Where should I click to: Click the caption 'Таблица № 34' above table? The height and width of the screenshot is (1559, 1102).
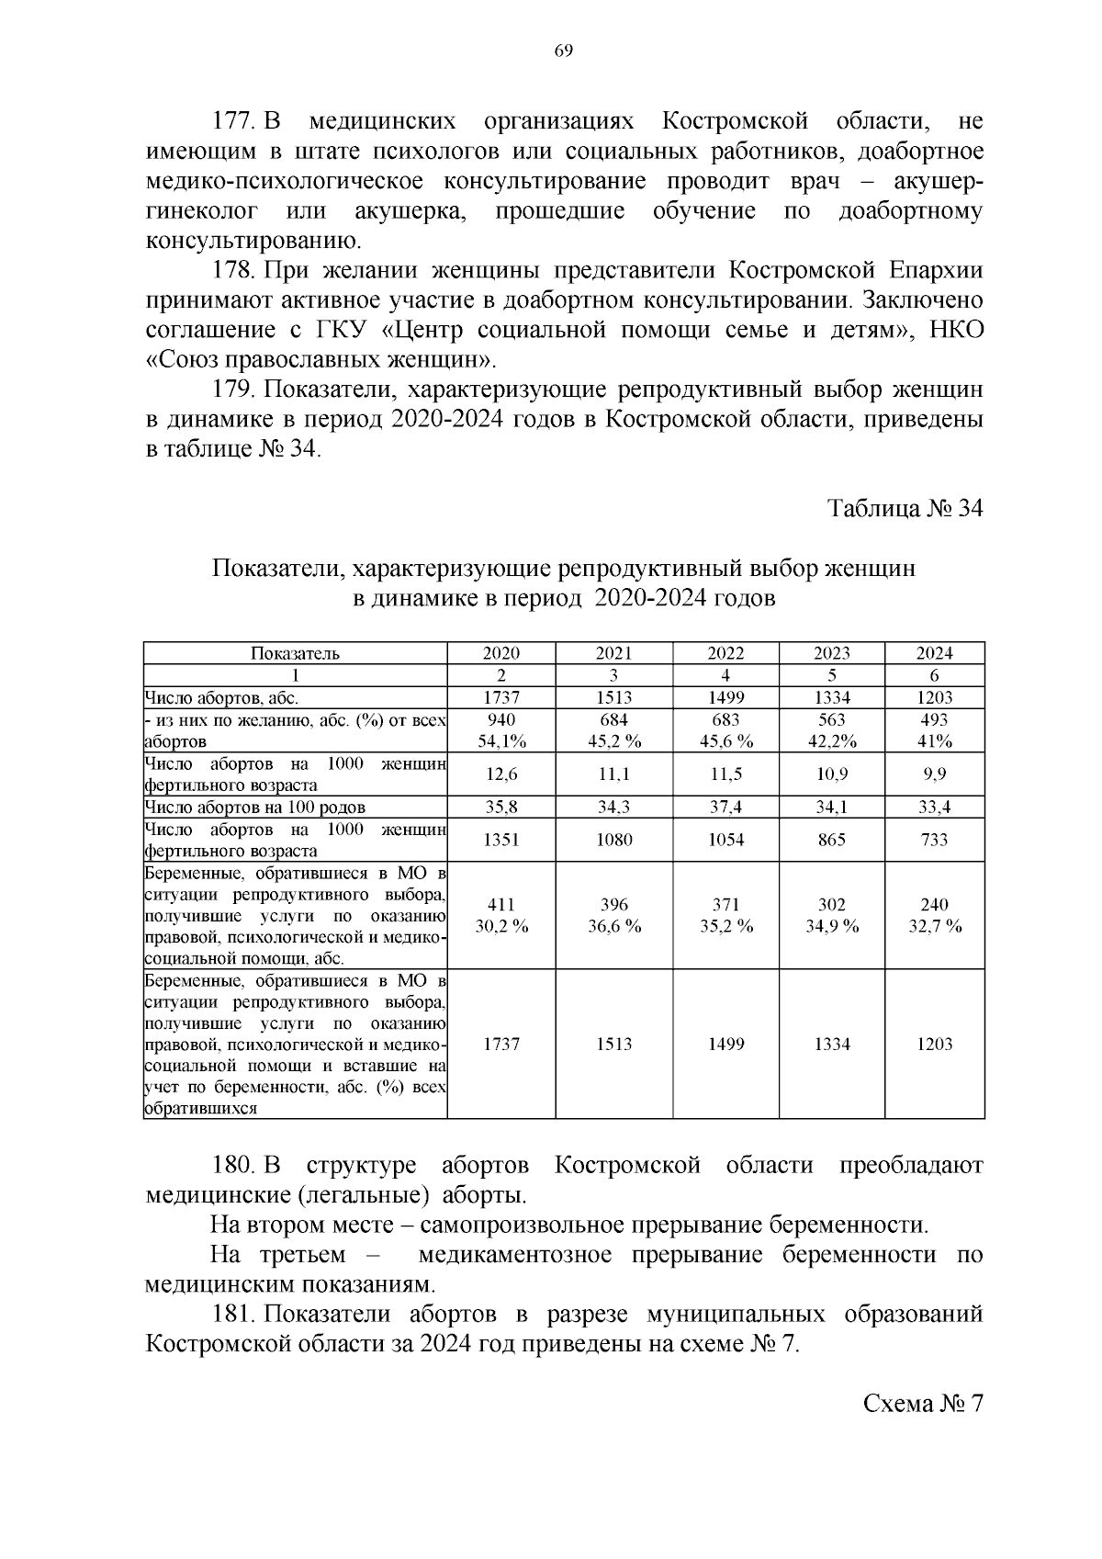click(x=905, y=509)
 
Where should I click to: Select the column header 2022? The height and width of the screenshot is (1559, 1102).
click(x=725, y=653)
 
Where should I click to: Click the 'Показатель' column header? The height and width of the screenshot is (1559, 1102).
click(x=295, y=653)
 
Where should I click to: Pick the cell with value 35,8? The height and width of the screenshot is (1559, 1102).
click(x=501, y=808)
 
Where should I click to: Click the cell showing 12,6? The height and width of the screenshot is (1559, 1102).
click(x=501, y=774)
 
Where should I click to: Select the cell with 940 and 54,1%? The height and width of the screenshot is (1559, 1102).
click(x=501, y=730)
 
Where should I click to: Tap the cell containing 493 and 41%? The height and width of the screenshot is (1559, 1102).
click(x=934, y=730)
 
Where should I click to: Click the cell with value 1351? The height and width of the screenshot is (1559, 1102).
click(x=501, y=840)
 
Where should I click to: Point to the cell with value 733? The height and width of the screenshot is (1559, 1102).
click(x=934, y=840)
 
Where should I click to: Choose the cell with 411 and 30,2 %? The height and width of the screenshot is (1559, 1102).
click(x=501, y=915)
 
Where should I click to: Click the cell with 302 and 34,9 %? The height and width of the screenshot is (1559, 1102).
click(x=831, y=915)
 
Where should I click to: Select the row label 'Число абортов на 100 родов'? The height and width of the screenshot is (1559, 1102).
click(x=255, y=808)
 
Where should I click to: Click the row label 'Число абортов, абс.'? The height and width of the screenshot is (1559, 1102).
click(x=221, y=698)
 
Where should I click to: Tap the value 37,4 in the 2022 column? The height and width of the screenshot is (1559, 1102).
click(x=725, y=808)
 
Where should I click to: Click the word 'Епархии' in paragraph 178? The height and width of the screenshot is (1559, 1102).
click(x=936, y=271)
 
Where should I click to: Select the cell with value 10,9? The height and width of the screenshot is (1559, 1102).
click(x=831, y=774)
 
